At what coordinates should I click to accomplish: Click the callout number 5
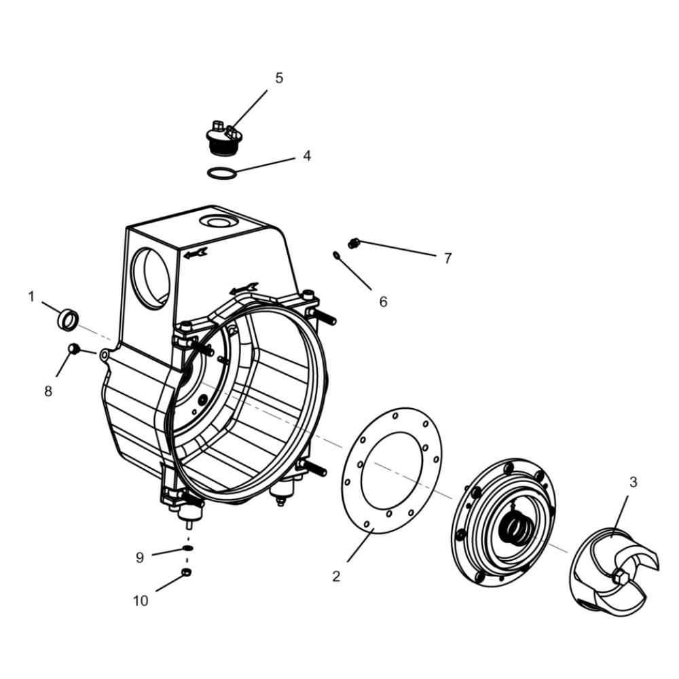[x=279, y=78]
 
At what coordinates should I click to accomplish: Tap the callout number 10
[x=141, y=601]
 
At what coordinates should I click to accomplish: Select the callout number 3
[x=633, y=482]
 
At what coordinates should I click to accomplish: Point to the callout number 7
[x=447, y=258]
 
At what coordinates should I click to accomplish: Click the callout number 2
[x=336, y=576]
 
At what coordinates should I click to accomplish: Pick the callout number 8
[x=48, y=391]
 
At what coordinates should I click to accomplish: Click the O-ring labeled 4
[x=222, y=174]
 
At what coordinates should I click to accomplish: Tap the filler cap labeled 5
[x=222, y=139]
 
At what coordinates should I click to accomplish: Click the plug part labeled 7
[x=354, y=243]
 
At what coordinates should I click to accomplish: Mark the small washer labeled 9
[x=187, y=548]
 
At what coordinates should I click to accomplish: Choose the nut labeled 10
[x=187, y=572]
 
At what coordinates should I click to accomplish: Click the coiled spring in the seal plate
[x=513, y=526]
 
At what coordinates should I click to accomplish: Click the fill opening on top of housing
[x=221, y=223]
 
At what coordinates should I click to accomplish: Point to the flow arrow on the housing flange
[x=244, y=289]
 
